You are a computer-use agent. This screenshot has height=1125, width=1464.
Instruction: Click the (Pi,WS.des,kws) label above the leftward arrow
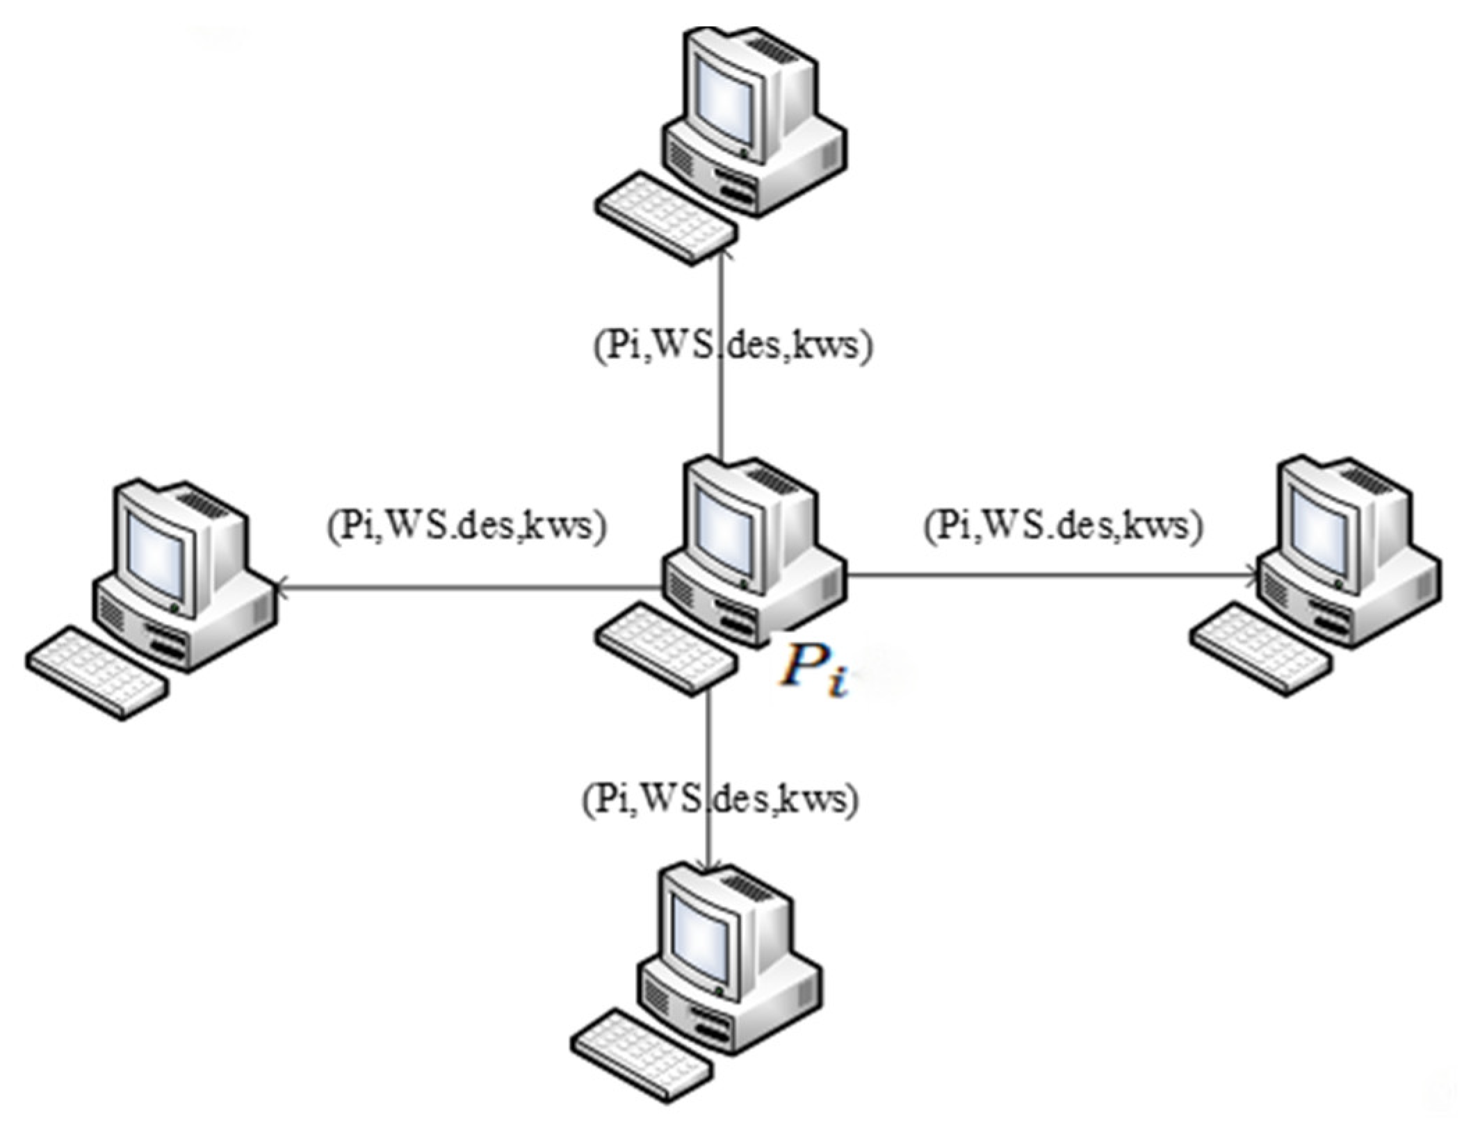point(466,526)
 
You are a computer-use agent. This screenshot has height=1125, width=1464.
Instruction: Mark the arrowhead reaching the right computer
point(1251,574)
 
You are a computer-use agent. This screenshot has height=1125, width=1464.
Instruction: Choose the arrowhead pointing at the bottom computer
point(708,864)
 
